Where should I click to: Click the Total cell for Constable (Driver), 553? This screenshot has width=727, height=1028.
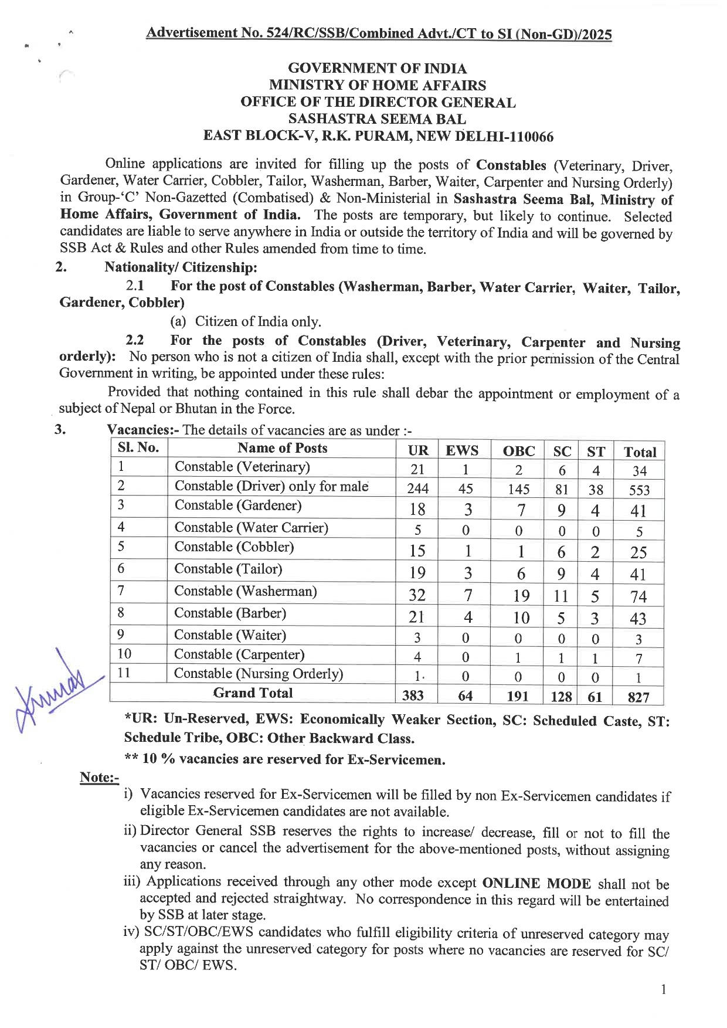639,490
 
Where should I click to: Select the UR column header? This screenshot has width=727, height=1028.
418,451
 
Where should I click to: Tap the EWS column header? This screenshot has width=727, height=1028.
462,451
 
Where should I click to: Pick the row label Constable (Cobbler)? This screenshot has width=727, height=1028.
234,547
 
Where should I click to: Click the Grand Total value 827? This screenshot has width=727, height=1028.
638,697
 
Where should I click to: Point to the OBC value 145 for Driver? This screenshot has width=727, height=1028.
518,490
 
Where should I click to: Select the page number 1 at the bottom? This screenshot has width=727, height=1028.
663,990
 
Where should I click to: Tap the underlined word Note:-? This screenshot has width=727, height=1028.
99,778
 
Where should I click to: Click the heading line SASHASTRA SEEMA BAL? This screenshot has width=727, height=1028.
378,119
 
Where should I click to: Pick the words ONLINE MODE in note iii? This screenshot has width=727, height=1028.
536,884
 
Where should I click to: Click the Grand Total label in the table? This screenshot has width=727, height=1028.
253,693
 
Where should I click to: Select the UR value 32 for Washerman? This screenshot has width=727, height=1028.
417,595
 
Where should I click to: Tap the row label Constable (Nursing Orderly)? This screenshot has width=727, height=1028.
259,674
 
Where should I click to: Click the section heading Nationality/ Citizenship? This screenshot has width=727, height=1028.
181,267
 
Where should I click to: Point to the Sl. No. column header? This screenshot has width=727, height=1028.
138,448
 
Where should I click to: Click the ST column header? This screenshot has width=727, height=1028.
596,452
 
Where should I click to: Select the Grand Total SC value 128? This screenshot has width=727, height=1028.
561,697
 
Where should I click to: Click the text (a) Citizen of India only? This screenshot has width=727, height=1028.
246,321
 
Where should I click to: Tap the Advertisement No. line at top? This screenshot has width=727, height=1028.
379,33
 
